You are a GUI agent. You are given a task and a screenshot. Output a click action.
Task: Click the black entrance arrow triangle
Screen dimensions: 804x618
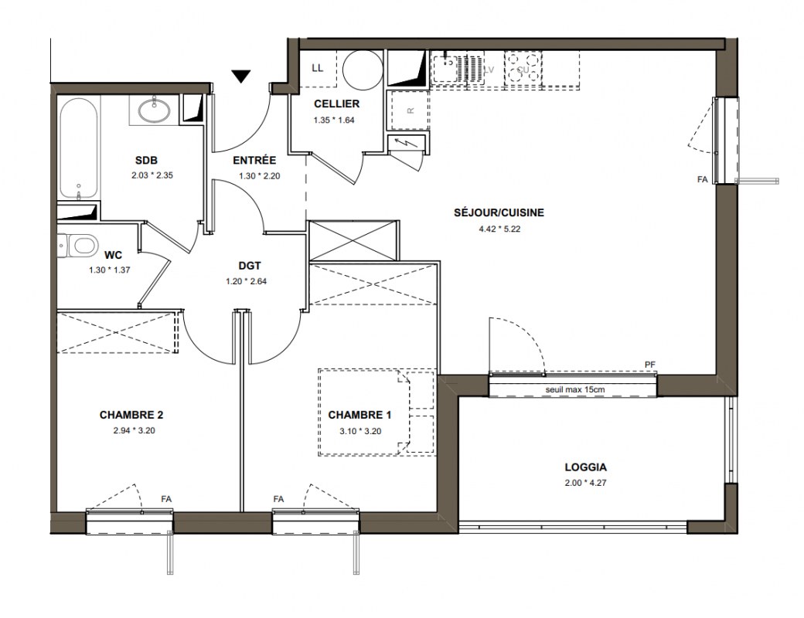(x=240, y=76)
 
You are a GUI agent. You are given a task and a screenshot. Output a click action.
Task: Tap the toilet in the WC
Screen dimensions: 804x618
(x=77, y=245)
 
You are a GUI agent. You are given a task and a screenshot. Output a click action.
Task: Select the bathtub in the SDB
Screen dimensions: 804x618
(x=78, y=148)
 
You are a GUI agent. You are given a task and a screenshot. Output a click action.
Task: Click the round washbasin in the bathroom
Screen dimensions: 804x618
(x=154, y=110)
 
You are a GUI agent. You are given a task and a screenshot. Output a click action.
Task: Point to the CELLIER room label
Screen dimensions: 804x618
(x=337, y=104)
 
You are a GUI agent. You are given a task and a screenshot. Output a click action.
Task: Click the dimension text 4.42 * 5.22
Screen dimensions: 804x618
(x=499, y=229)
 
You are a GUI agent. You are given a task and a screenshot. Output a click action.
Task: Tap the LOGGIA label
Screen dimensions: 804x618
(x=585, y=467)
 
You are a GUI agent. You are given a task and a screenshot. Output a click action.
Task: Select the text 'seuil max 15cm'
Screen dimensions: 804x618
(x=575, y=389)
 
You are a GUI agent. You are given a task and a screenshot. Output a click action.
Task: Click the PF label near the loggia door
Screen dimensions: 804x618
(x=650, y=365)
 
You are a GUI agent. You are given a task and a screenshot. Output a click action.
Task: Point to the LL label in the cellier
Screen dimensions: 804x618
(x=318, y=68)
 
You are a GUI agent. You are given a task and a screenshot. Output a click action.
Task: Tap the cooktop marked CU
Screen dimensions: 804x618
(x=523, y=69)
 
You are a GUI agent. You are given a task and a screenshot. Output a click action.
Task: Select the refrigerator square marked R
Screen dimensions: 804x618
(x=410, y=110)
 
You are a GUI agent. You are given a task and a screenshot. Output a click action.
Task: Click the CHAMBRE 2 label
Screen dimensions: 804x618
(x=131, y=415)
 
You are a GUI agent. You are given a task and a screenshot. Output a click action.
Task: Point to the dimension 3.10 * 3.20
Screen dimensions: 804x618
(x=360, y=432)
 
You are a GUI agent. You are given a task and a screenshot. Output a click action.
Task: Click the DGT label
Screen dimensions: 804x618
(x=250, y=266)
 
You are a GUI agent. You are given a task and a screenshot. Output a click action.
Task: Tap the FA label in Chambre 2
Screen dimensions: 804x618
(x=166, y=499)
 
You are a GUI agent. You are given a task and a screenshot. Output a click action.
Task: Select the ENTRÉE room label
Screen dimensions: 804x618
(x=254, y=161)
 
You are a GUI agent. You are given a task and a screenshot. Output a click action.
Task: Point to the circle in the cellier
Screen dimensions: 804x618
(x=363, y=71)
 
